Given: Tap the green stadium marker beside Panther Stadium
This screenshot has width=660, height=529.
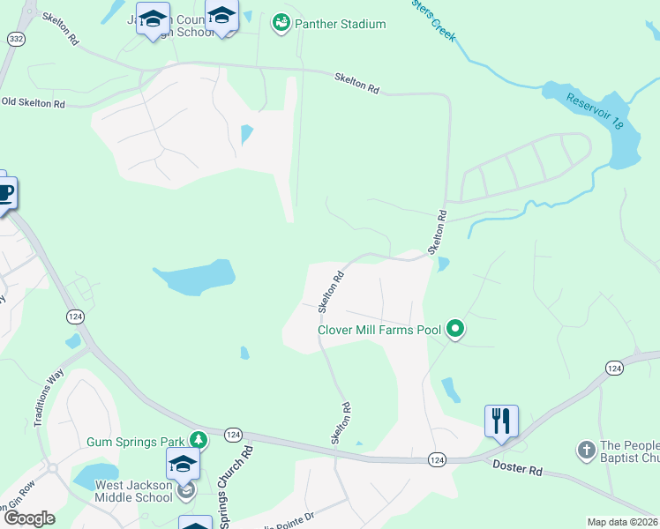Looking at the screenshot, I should coord(281,23).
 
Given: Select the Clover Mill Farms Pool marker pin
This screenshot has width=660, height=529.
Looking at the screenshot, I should coord(455,331).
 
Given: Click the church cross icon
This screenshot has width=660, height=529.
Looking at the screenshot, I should coord(586,451).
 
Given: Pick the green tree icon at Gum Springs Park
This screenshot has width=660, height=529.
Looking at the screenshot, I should coord(199,439).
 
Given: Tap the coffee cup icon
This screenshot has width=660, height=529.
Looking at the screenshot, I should coord(4,192).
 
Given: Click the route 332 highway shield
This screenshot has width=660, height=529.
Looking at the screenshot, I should coord(15,39).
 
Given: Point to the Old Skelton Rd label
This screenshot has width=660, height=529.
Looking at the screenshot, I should coord(34,103).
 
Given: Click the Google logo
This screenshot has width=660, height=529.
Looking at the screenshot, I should coord(28,518).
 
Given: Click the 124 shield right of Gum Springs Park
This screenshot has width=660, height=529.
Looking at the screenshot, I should coord(233,435).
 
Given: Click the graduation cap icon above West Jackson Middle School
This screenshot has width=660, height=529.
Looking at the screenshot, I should coord(183,462).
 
